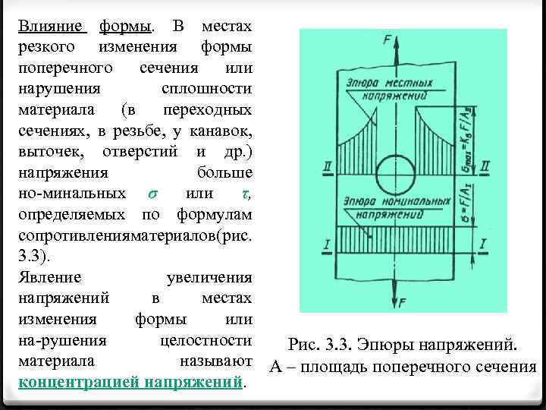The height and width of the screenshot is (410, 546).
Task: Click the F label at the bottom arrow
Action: (403, 302)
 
